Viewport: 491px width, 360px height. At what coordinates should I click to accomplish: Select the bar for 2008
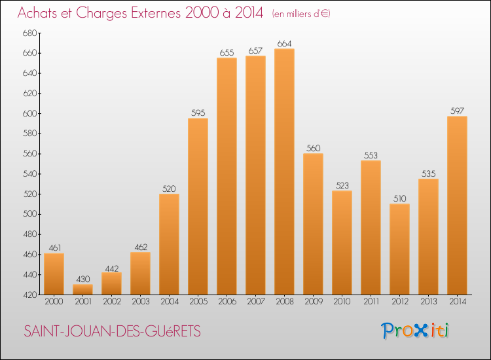click(x=284, y=171)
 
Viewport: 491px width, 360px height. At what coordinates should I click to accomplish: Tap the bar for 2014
click(x=457, y=206)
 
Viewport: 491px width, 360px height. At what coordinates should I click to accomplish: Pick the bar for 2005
click(x=198, y=206)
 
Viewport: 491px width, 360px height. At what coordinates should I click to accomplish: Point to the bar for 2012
click(x=399, y=249)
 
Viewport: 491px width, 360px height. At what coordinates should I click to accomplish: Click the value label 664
click(x=284, y=44)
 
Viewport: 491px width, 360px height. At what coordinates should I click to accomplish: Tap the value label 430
click(x=82, y=279)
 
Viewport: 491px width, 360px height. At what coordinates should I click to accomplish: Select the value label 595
click(x=198, y=113)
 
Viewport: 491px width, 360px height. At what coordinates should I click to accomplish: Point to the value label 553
click(x=371, y=156)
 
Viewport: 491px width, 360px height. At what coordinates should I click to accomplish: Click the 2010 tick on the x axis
click(x=342, y=301)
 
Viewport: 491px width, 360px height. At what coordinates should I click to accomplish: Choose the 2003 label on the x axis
click(x=140, y=301)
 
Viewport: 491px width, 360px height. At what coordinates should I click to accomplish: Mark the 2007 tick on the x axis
click(x=255, y=301)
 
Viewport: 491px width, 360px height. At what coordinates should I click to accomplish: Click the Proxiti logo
click(x=416, y=331)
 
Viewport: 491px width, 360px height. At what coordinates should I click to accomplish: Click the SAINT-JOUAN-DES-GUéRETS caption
click(x=113, y=332)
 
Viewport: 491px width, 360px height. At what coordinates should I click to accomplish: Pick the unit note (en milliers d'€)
click(x=300, y=14)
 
